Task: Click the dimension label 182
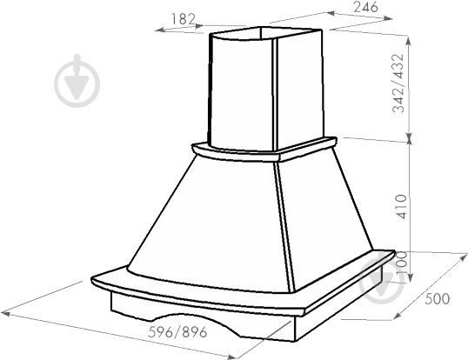pos(184,19)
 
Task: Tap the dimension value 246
pos(365,7)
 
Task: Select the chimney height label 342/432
pos(398,83)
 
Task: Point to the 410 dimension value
pos(401,207)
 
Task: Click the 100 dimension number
pos(402,263)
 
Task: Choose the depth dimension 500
pos(437,299)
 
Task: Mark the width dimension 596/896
pos(177,332)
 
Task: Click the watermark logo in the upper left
pos(77,81)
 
